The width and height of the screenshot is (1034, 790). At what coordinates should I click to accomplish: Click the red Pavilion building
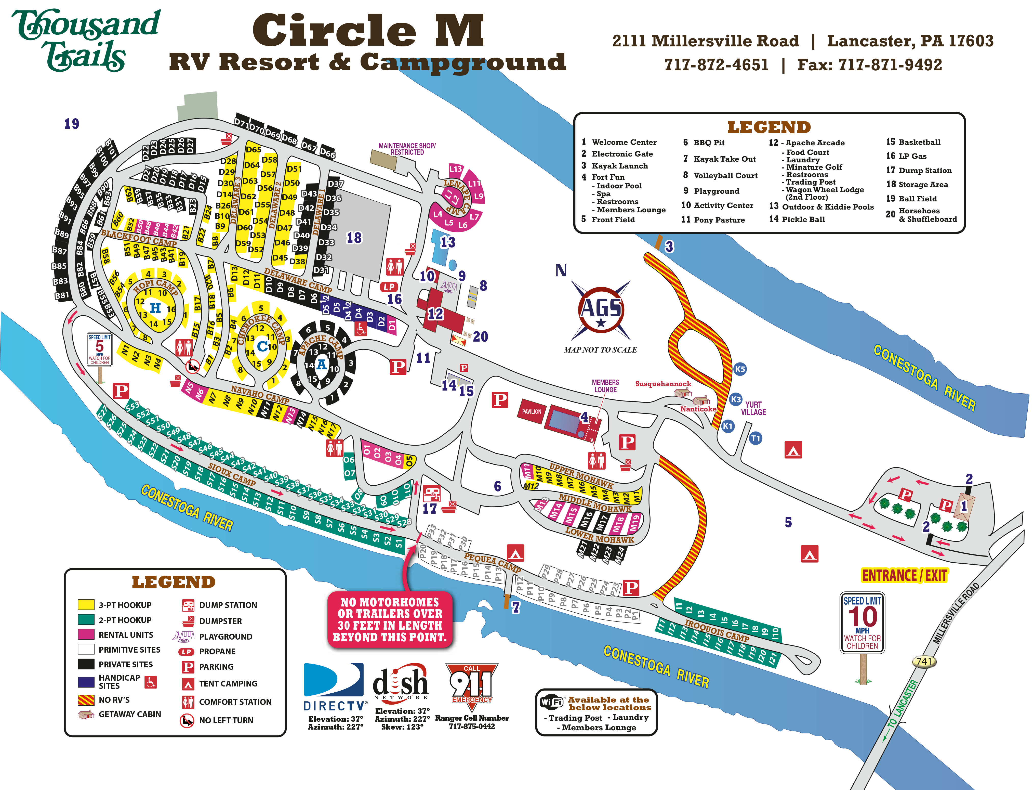(x=532, y=411)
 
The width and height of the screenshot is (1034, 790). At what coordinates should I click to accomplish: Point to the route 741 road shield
(x=924, y=661)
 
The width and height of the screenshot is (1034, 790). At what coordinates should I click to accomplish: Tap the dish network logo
(x=401, y=682)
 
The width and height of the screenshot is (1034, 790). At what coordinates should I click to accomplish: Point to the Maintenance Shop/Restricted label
(x=407, y=149)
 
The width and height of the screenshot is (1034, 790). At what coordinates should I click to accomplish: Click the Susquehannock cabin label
(x=663, y=384)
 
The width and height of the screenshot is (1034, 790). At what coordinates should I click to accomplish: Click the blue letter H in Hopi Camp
(x=155, y=308)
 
